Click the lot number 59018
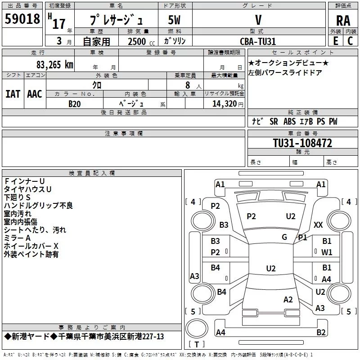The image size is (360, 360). coord(22,19)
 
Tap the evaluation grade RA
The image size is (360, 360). coord(343,20)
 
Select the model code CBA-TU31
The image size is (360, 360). coord(258,41)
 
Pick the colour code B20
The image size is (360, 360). coord(75,103)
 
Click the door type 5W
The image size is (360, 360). coord(174,20)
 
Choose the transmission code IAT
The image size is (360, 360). coord(13,94)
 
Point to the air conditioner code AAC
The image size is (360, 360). coord(35,94)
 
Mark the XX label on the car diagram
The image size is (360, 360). coord(318,225)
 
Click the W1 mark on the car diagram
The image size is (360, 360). coord(327,252)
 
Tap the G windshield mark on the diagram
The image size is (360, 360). coord(284,237)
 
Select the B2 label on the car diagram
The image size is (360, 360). coord(321,333)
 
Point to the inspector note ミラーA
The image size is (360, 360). coord(17,238)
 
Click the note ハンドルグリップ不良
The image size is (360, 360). coord(38,206)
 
